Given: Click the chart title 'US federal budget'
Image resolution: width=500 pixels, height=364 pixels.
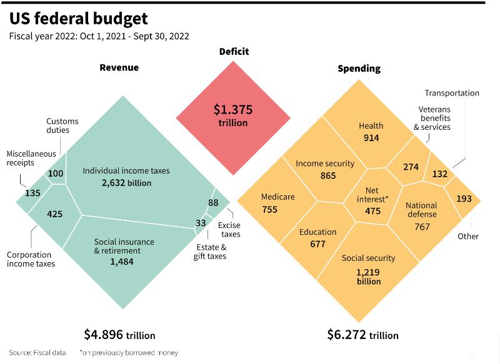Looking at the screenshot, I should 79,18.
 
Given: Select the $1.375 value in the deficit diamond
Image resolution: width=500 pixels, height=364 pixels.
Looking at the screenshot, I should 233,110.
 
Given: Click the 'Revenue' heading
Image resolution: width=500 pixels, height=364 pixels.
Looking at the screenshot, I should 119,67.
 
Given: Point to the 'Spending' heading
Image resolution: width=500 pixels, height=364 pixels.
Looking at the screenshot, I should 359,68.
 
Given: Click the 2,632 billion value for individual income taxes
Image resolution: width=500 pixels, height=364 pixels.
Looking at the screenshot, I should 126,183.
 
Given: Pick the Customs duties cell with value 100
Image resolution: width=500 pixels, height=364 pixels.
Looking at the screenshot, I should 56,173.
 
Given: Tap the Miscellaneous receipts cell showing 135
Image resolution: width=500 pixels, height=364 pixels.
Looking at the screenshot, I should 32,194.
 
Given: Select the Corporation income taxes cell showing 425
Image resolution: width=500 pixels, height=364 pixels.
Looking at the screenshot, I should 55,214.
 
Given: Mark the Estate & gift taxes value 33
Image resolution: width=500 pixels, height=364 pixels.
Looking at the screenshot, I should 201,223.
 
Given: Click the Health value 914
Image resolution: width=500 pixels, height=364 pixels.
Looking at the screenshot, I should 371,138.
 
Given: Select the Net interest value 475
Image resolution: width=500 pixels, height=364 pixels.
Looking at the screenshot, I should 373,211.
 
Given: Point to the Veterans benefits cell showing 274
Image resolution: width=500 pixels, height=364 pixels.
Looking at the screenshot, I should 411,167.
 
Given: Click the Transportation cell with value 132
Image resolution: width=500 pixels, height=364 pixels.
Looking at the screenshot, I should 440,174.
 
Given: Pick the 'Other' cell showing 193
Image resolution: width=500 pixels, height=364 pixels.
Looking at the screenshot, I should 464,199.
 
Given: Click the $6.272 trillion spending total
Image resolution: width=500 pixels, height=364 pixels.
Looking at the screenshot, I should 362,335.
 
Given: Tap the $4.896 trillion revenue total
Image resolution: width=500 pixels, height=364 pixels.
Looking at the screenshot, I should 119,335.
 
